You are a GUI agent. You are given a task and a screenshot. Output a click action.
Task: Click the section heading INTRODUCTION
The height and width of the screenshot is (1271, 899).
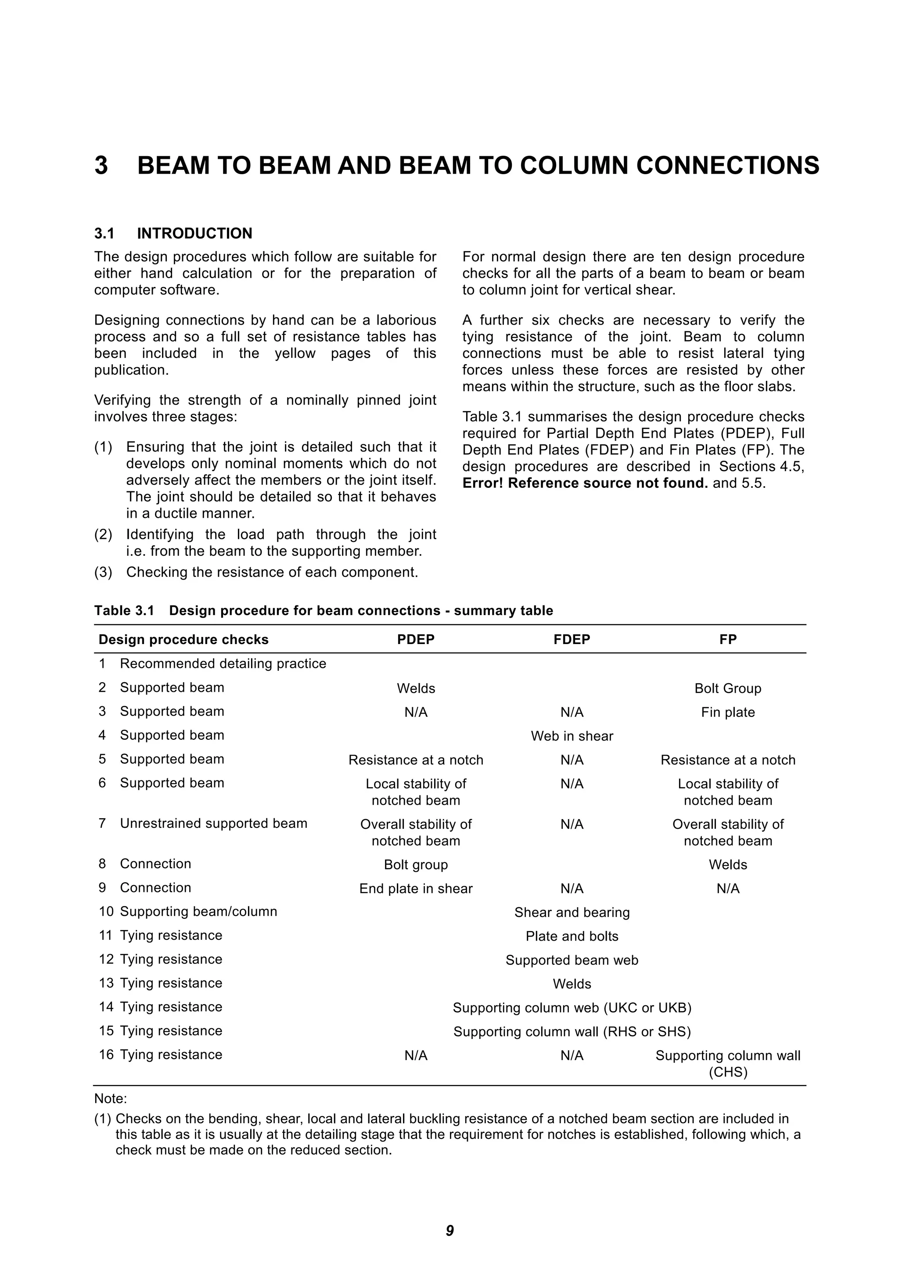[194, 233]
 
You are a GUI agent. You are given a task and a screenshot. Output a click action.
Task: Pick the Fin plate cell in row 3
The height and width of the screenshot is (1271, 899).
[727, 712]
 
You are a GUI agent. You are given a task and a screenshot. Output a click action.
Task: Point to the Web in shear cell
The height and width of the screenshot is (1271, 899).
[572, 736]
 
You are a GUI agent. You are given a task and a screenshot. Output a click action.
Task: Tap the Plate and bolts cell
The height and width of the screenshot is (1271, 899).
[572, 936]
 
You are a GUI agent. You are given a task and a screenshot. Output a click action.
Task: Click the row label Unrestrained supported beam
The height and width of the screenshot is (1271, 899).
[213, 823]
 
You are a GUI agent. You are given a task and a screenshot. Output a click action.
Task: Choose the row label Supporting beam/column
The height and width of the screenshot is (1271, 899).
[198, 911]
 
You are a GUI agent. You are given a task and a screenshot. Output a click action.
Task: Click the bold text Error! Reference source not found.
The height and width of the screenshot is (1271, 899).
[585, 483]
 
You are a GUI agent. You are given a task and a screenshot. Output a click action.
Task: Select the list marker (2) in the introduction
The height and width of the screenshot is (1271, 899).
[103, 535]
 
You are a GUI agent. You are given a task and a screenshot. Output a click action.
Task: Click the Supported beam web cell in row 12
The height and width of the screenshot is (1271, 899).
[572, 960]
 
